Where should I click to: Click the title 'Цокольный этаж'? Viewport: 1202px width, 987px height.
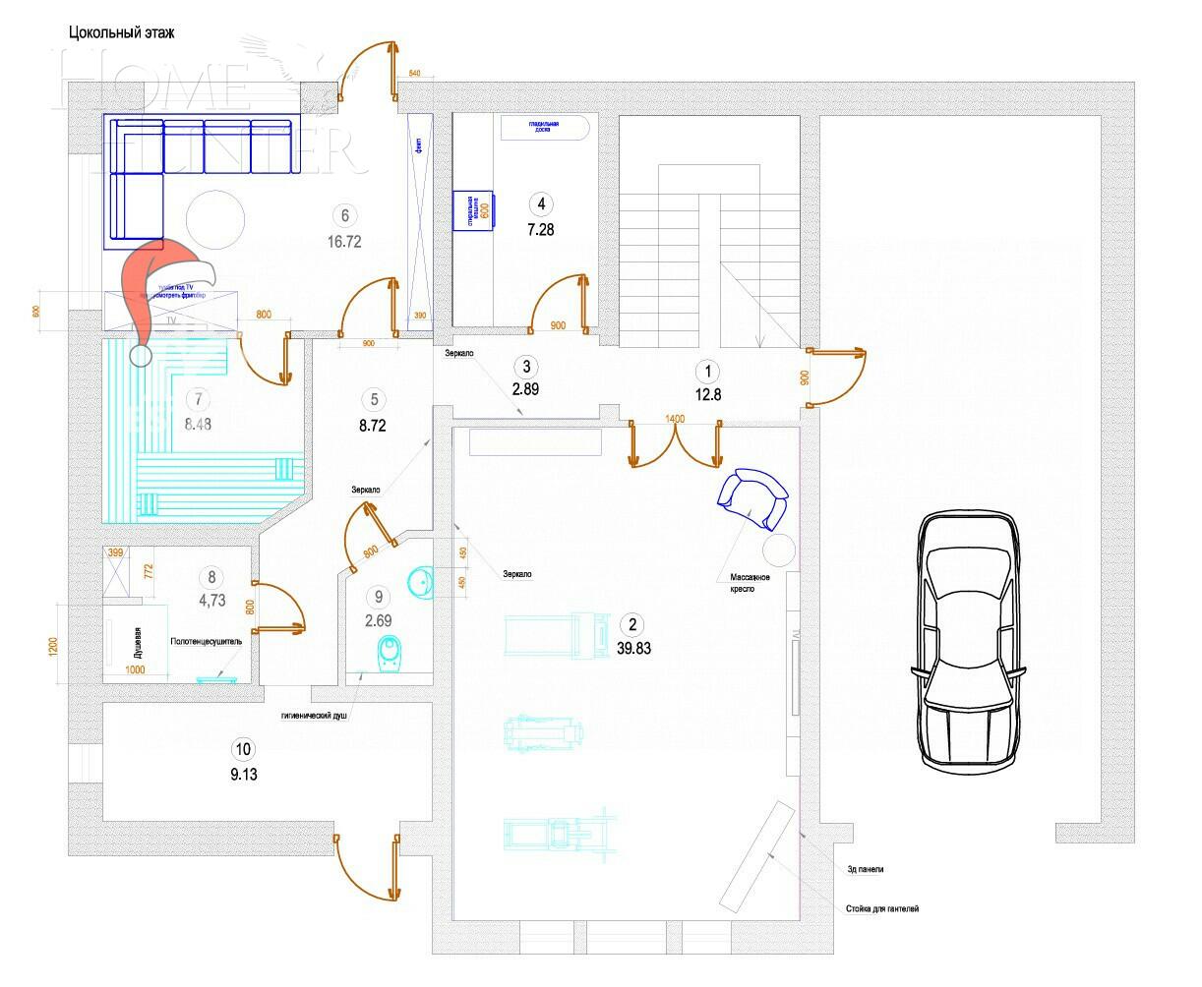pyautogui.click(x=122, y=32)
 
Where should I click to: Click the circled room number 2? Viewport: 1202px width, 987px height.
pyautogui.click(x=631, y=624)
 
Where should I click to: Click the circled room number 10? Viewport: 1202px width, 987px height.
pyautogui.click(x=243, y=750)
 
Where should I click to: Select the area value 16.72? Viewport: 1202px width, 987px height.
pyautogui.click(x=344, y=240)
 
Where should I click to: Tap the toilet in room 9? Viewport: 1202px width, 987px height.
pyautogui.click(x=391, y=654)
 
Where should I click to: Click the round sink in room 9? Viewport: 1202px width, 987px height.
pyautogui.click(x=420, y=581)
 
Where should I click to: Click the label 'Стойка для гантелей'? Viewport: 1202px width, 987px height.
pyautogui.click(x=881, y=909)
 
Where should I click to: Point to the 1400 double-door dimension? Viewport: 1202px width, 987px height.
pyautogui.click(x=675, y=419)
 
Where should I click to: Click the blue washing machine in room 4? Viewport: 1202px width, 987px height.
pyautogui.click(x=474, y=210)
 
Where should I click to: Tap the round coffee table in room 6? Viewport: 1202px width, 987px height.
pyautogui.click(x=215, y=218)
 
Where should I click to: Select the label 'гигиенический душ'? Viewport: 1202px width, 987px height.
pyautogui.click(x=315, y=716)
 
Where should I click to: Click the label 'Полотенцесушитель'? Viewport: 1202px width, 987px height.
pyautogui.click(x=207, y=641)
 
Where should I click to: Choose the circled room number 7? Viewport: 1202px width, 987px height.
pyautogui.click(x=200, y=400)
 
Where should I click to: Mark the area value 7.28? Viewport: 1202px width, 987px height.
pyautogui.click(x=540, y=227)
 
